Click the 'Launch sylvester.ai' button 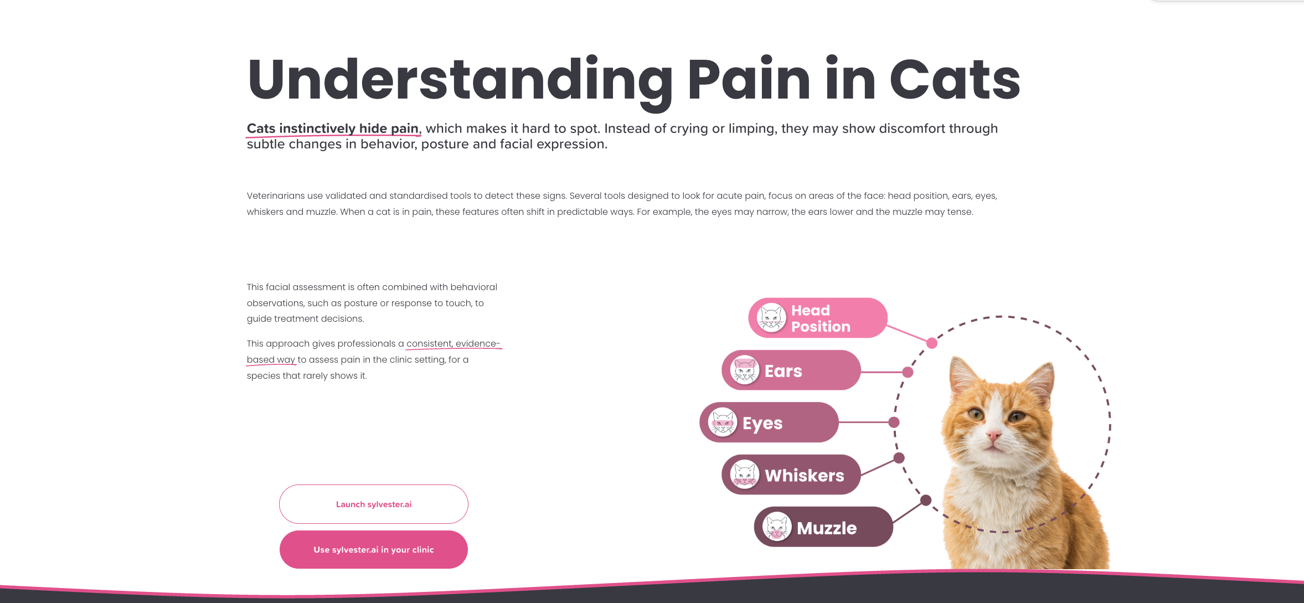[x=374, y=504]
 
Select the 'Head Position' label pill [x=818, y=318]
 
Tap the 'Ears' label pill [x=791, y=370]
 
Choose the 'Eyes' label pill [x=769, y=423]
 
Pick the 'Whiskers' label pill [x=791, y=475]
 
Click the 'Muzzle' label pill [x=823, y=527]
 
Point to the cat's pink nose [x=994, y=436]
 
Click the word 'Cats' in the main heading [x=955, y=80]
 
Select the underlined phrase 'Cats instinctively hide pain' [x=333, y=129]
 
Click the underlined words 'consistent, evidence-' [x=453, y=344]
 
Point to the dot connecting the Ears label [x=908, y=372]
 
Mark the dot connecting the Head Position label [x=932, y=343]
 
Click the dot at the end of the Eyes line [x=894, y=422]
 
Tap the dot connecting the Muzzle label [x=925, y=501]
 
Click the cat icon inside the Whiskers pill [x=744, y=475]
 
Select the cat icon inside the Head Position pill [x=771, y=318]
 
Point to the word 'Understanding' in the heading [x=460, y=80]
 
